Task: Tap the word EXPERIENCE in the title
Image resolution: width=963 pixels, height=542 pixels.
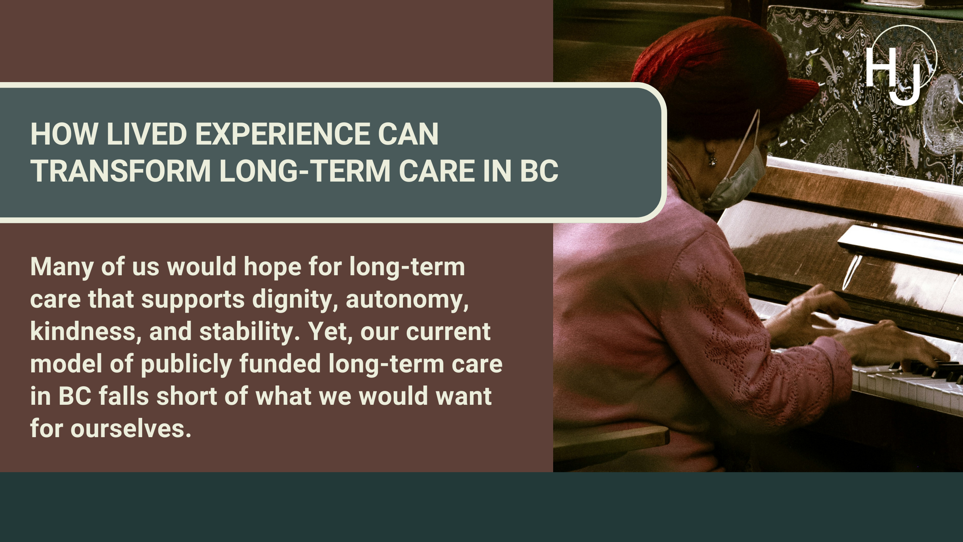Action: coord(282,134)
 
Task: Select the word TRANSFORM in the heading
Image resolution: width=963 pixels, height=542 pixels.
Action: coord(121,171)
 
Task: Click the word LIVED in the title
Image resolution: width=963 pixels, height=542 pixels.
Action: coord(146,134)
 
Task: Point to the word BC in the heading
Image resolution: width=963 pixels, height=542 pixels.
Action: coord(539,171)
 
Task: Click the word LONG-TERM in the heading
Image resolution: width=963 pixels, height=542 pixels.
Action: coord(305,171)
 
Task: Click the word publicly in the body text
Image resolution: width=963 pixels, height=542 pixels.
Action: coord(186,365)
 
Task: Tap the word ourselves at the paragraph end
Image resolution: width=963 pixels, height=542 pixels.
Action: coord(131,429)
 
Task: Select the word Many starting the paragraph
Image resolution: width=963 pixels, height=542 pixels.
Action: coord(62,268)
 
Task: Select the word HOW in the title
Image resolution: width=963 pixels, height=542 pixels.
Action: coord(64,134)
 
